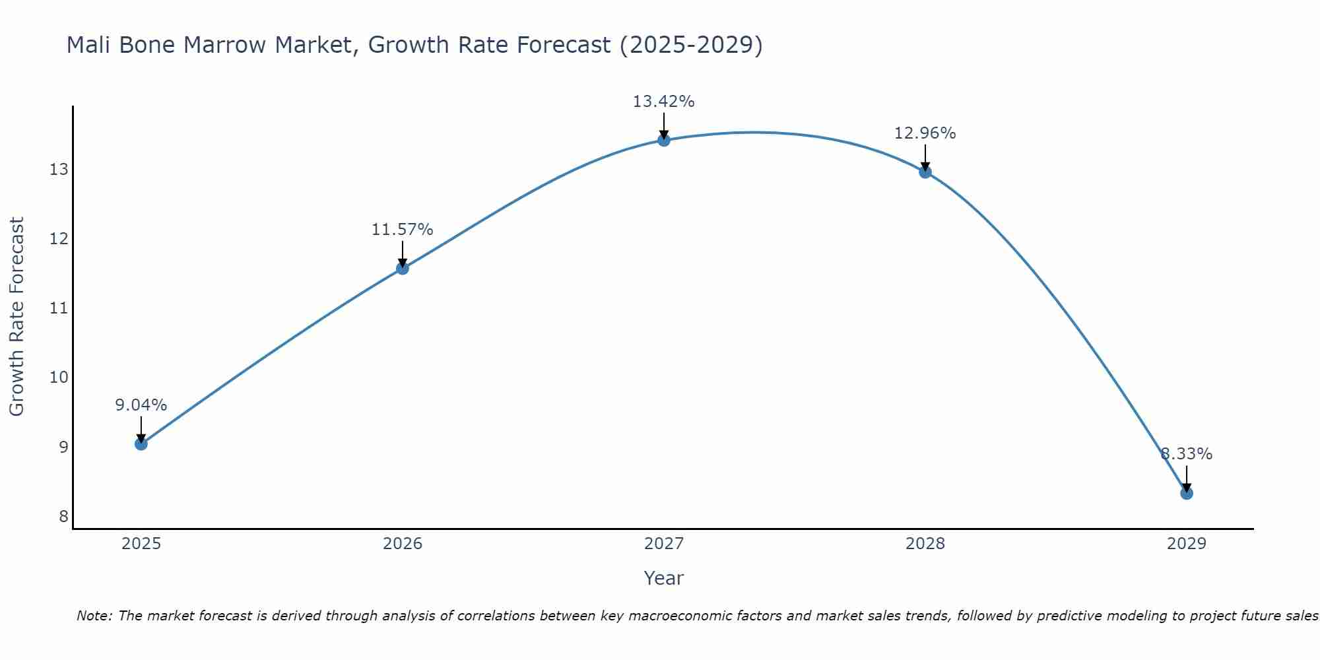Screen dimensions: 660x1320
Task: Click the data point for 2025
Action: point(141,444)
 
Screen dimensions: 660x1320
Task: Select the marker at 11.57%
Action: point(402,268)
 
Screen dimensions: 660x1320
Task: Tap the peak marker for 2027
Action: point(664,140)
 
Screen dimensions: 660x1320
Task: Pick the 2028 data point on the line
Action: point(925,172)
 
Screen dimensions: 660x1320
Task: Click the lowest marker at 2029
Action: point(1187,493)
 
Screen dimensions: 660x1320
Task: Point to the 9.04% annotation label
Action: point(141,405)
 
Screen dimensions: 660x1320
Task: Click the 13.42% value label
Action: point(663,102)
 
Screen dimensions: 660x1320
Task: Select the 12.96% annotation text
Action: point(925,133)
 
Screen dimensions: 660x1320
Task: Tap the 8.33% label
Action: point(1186,454)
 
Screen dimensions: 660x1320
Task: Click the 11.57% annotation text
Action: point(402,230)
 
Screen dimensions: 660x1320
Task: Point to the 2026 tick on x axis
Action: point(403,544)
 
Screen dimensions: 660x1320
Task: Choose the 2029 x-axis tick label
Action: point(1187,544)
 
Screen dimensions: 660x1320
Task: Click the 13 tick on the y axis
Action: point(59,170)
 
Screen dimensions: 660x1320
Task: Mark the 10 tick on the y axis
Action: point(59,378)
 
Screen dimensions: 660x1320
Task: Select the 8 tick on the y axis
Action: point(63,516)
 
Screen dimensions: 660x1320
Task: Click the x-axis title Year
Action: point(663,578)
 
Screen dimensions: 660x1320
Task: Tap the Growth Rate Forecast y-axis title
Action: point(16,316)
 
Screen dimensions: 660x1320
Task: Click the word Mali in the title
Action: point(89,45)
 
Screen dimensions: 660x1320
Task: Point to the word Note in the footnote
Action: point(94,616)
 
